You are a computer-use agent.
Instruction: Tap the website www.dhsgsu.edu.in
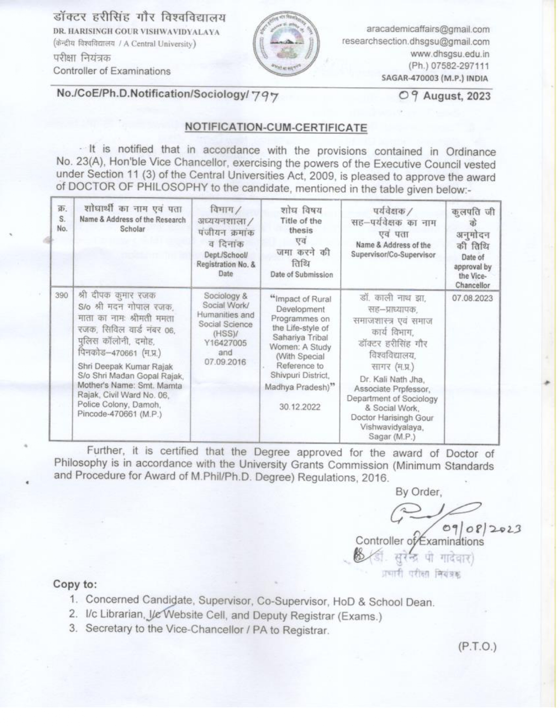pos(450,54)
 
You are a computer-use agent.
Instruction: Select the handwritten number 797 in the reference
pos(265,97)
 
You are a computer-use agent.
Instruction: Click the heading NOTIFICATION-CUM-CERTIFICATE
pos(276,128)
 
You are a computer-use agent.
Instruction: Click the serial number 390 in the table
pos(62,296)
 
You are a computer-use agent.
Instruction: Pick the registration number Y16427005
pos(225,343)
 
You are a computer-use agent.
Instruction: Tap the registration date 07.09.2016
pos(225,362)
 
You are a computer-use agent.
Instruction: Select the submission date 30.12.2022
pos(300,407)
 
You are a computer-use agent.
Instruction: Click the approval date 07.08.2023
pos(472,298)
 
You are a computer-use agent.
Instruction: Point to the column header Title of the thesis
pos(300,226)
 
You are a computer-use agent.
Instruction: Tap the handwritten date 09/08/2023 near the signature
pos(481,529)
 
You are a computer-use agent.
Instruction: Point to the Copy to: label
pos(75,585)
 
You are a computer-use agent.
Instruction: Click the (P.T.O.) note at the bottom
pos(477,647)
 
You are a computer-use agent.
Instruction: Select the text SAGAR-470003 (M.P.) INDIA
pos(434,79)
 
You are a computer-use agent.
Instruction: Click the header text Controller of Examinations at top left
pos(112,71)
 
